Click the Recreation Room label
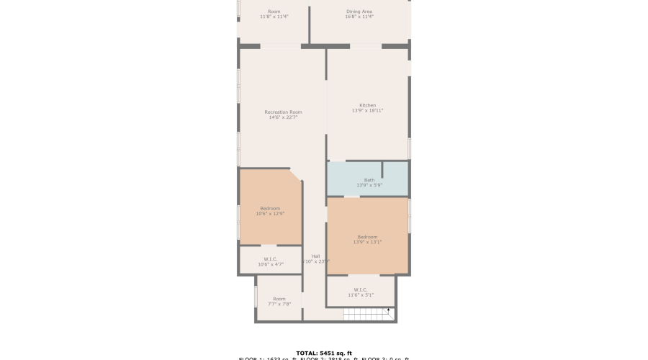click(283, 112)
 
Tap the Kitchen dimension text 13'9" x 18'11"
click(367, 111)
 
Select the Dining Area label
click(359, 12)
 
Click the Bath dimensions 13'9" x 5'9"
click(369, 185)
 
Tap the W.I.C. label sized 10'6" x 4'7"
click(271, 259)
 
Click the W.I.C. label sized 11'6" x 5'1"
click(361, 291)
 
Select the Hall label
click(315, 256)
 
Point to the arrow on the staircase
click(389, 311)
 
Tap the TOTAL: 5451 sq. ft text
click(323, 353)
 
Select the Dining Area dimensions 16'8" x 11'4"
click(359, 17)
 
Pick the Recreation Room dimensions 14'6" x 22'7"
click(283, 117)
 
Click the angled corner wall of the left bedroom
click(295, 175)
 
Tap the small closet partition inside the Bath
click(382, 170)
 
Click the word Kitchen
click(367, 105)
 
